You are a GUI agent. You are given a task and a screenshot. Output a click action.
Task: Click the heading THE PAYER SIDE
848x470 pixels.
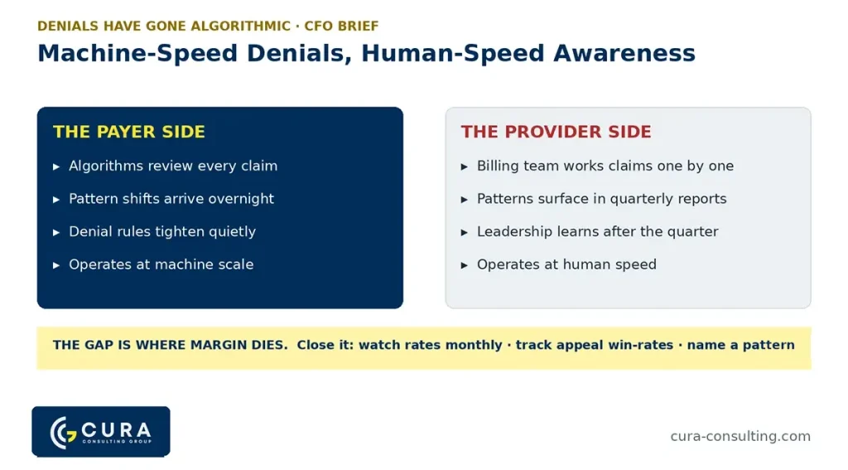tap(128, 132)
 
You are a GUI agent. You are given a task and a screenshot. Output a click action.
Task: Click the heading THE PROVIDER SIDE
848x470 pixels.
tap(556, 132)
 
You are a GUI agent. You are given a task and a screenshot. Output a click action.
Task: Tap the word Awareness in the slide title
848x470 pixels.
tap(624, 53)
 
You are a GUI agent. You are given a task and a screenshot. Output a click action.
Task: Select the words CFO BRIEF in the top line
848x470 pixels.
tap(341, 26)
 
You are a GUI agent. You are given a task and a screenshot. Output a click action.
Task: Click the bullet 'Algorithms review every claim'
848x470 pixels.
tap(173, 166)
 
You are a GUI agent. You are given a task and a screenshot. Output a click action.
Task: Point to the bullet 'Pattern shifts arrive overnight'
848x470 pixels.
tap(171, 199)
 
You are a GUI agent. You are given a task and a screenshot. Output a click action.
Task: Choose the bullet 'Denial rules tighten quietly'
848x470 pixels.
tap(162, 232)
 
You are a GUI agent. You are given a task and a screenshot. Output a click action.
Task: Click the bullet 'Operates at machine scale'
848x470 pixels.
tap(161, 264)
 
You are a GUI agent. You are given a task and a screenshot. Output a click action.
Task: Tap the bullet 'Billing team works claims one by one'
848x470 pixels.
tap(605, 166)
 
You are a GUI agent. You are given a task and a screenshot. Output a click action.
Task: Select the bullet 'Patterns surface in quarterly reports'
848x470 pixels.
tap(601, 199)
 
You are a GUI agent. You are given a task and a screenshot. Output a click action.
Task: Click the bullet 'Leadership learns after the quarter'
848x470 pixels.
tap(598, 232)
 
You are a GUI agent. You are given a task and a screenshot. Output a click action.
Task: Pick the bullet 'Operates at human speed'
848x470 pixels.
tap(566, 264)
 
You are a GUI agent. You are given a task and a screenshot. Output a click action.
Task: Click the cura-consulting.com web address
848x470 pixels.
tap(740, 436)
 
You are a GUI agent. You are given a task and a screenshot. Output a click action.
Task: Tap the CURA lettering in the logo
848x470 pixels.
tap(116, 430)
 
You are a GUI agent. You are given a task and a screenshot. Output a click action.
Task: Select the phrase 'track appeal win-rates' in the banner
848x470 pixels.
tap(595, 345)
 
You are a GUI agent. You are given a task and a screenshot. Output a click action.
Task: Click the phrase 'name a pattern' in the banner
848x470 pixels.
tap(741, 345)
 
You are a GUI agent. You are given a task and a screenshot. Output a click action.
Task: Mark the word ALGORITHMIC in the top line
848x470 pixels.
tap(241, 26)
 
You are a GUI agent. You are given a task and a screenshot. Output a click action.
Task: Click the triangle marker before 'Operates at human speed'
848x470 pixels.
tap(464, 265)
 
